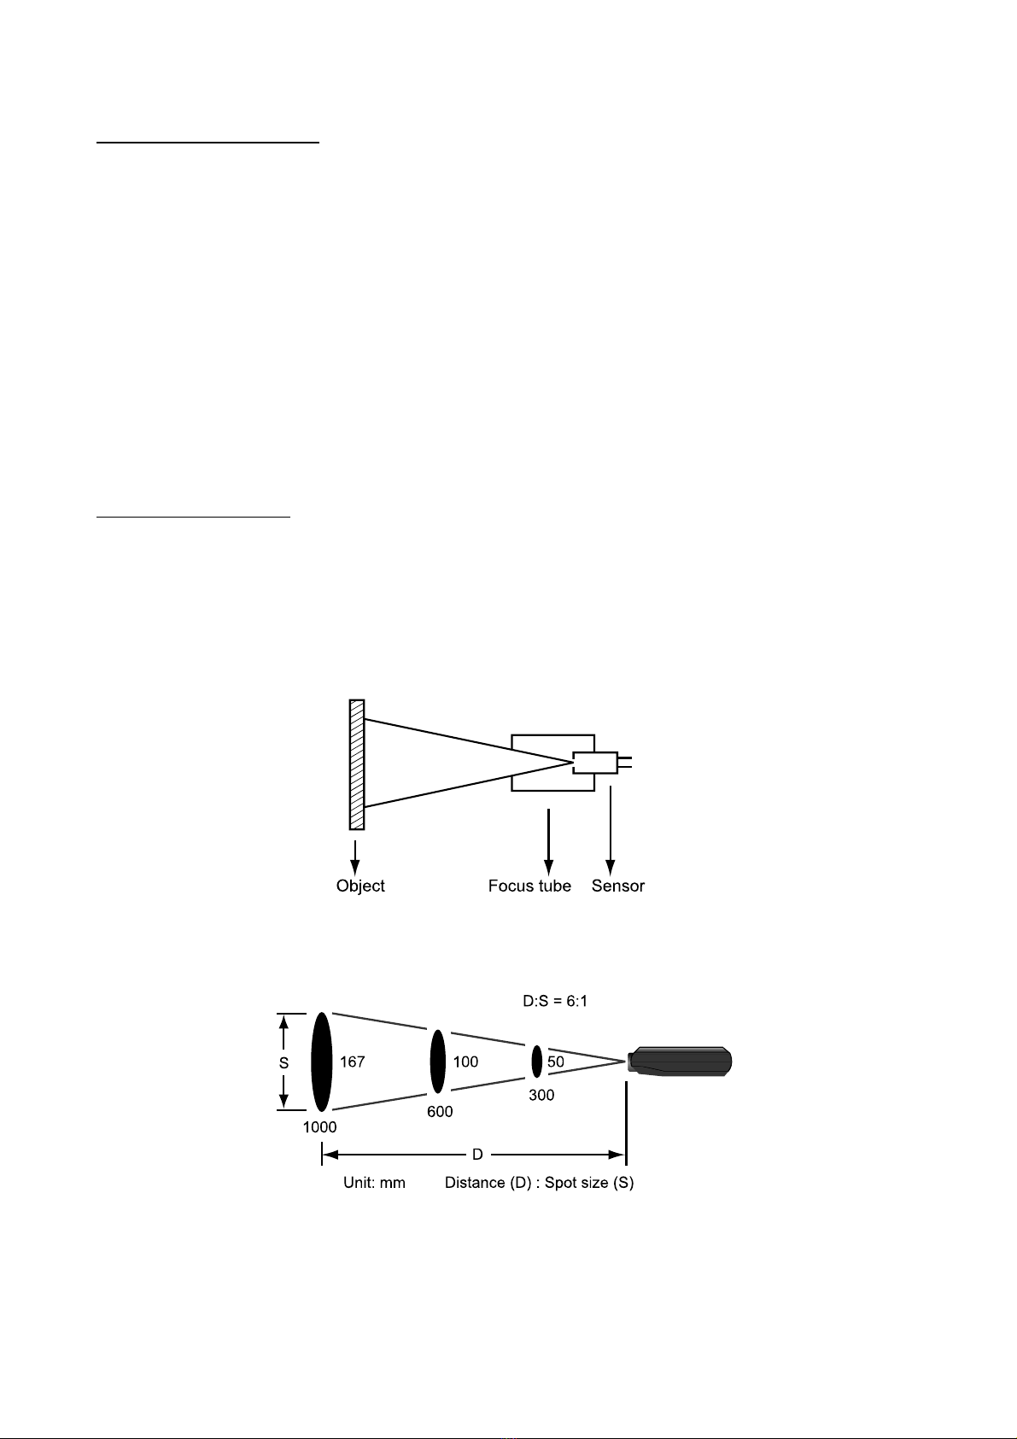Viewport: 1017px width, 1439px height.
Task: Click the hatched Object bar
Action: pyautogui.click(x=357, y=764)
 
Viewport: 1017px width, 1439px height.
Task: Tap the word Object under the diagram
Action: pyautogui.click(x=360, y=886)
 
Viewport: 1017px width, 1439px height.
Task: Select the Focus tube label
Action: pyautogui.click(x=529, y=886)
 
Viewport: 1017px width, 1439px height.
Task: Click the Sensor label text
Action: pyautogui.click(x=618, y=886)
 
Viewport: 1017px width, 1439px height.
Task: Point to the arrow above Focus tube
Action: pyautogui.click(x=548, y=842)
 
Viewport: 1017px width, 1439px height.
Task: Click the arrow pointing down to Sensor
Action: pyautogui.click(x=611, y=831)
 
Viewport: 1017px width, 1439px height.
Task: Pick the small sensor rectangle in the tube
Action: pyautogui.click(x=595, y=763)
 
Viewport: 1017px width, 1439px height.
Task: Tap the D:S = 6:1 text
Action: pyautogui.click(x=555, y=1001)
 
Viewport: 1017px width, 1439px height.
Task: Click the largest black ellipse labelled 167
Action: pyautogui.click(x=321, y=1062)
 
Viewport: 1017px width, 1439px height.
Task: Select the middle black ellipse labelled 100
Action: pyautogui.click(x=437, y=1062)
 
